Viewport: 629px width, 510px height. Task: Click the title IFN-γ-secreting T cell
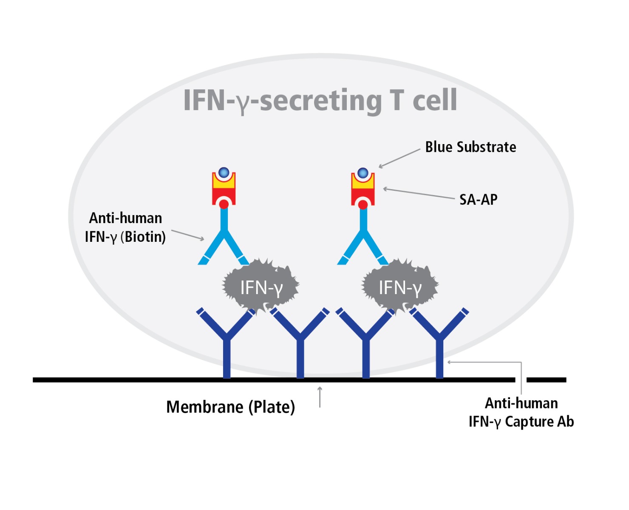[320, 100]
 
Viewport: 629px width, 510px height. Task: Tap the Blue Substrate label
[470, 147]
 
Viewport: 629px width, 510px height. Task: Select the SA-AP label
[478, 199]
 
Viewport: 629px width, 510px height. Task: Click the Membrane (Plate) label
[230, 407]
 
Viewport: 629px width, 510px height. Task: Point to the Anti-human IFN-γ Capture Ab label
[521, 412]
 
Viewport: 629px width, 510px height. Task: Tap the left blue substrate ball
[224, 173]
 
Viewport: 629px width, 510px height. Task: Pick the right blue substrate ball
[363, 173]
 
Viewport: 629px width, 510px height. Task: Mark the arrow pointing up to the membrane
[320, 397]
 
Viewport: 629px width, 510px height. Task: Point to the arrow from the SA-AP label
[418, 193]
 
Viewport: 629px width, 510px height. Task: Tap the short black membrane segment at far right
[546, 380]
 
